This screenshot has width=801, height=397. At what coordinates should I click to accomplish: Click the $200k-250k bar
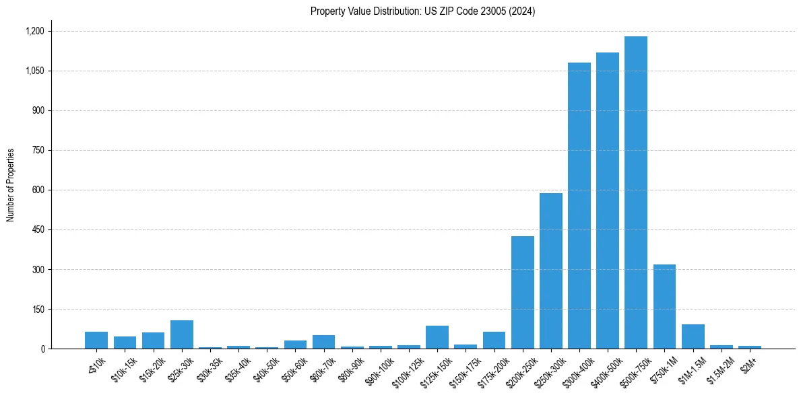coord(522,292)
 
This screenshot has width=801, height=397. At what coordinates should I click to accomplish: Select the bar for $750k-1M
coord(664,306)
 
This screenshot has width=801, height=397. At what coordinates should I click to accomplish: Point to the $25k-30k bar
coord(182,334)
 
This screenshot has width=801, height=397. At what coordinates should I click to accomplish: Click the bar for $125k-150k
coord(437,337)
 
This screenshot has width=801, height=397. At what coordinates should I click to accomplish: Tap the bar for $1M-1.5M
coord(693,336)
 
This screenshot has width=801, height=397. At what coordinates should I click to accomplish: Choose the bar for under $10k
coord(96,340)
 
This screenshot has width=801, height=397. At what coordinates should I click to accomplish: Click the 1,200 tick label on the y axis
coord(34,31)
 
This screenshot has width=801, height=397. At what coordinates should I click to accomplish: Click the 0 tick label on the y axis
coord(42,349)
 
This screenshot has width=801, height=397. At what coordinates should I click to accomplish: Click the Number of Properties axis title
coord(11,185)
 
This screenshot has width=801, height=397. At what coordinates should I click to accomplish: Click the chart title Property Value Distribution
coord(422,11)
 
